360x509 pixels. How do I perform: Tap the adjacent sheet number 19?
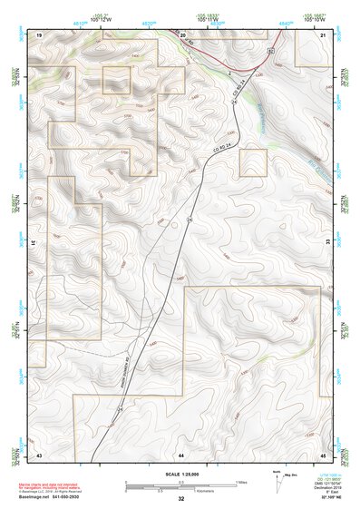coord(39,34)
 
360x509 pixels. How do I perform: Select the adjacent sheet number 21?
coord(323,34)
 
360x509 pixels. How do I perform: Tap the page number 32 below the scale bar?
coord(180,498)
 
